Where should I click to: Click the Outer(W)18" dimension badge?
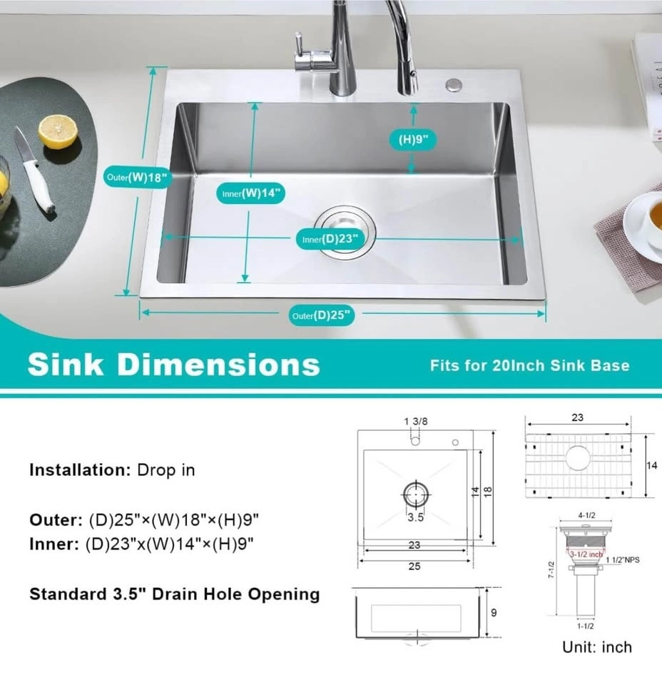(137, 178)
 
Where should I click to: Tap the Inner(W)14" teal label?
(251, 193)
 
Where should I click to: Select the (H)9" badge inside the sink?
(412, 139)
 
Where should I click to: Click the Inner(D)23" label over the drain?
(330, 239)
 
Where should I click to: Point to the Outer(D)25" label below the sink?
(322, 315)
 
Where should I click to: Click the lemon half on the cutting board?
(58, 131)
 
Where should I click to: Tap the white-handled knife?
(35, 171)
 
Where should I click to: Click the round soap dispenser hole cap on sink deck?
(454, 85)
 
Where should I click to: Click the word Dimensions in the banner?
(219, 365)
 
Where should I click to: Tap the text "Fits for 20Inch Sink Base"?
(530, 365)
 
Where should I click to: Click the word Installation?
(80, 470)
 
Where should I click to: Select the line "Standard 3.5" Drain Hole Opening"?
(175, 594)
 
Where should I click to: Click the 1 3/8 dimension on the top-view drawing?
(416, 422)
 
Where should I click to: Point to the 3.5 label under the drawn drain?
(415, 518)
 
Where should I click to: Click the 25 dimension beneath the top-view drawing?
(414, 567)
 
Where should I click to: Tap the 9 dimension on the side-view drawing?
(494, 613)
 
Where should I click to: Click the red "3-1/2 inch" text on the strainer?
(586, 554)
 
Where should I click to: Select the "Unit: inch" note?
(597, 647)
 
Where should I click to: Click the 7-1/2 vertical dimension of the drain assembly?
(551, 570)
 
